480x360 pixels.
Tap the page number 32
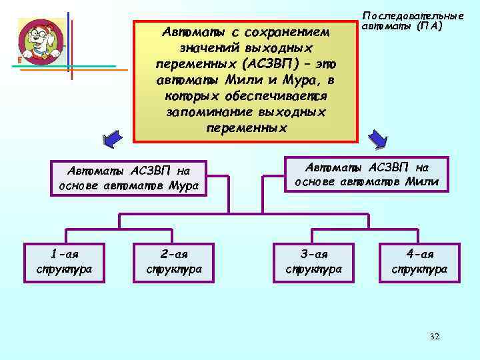coord(435,337)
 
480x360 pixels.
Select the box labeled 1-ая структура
coord(65,261)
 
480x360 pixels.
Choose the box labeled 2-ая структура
coord(174,261)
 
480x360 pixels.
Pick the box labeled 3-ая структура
coord(313,261)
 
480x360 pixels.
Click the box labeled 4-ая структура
coord(420,261)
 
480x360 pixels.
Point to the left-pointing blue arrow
coord(112,140)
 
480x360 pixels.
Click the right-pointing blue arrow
coord(379,139)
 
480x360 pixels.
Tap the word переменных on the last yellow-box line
coord(247,128)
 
